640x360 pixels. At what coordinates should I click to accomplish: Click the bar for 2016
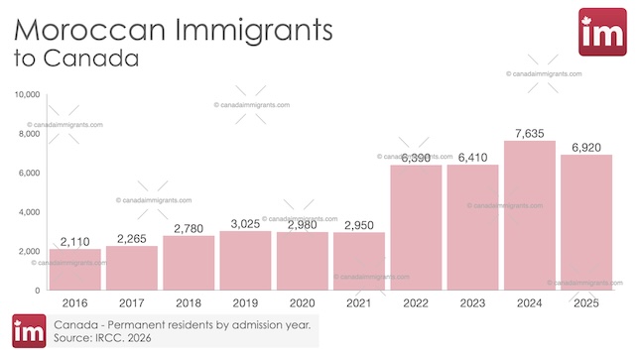tap(75, 269)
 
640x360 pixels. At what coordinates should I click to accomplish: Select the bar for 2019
tap(245, 260)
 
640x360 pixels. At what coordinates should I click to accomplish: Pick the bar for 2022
tap(416, 227)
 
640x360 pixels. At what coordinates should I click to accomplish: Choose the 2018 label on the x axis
tap(189, 303)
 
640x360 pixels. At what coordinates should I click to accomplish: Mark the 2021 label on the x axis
tap(358, 303)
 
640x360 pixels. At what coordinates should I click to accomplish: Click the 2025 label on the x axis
tap(585, 303)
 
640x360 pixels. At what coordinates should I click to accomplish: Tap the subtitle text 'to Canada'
tap(75, 57)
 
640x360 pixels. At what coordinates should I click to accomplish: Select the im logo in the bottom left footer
tap(29, 332)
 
